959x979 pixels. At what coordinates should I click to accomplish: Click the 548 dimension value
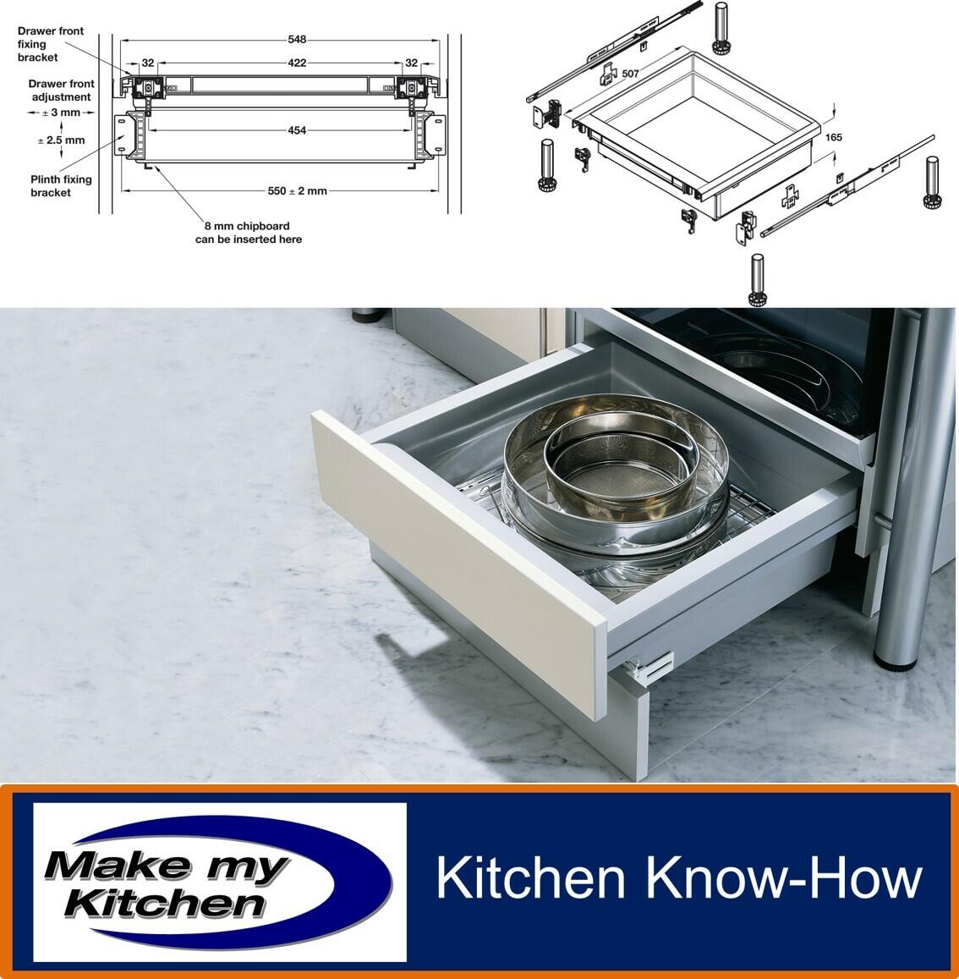[297, 39]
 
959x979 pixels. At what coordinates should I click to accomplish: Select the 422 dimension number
[297, 63]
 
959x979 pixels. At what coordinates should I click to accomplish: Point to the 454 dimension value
[297, 130]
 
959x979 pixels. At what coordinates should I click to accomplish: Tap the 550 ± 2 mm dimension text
[297, 191]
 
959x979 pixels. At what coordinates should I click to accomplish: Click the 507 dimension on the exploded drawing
[630, 74]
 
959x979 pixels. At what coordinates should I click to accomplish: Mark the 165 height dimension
[834, 137]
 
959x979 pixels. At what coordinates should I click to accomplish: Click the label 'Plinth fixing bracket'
[61, 186]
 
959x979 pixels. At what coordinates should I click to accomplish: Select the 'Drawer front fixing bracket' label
[50, 44]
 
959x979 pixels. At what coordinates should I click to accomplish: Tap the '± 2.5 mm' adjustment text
[61, 140]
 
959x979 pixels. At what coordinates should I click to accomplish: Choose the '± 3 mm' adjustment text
[61, 113]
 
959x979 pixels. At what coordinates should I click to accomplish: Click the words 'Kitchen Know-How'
[679, 877]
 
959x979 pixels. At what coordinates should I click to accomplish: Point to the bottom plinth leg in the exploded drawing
[758, 281]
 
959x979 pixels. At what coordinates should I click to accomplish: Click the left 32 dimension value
[148, 63]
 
